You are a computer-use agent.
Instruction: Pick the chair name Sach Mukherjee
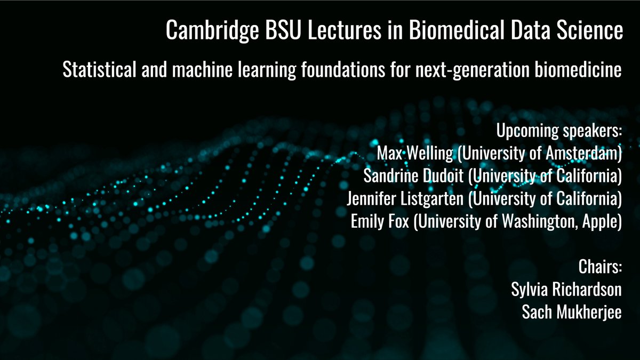point(572,312)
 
